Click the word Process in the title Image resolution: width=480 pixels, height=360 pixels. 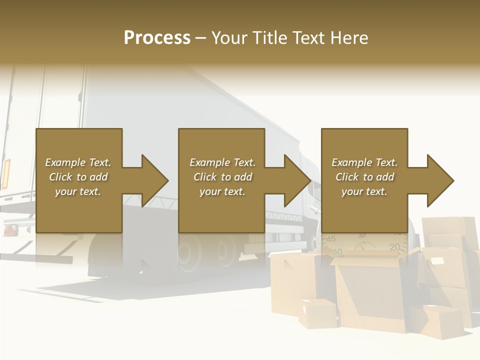click(x=157, y=38)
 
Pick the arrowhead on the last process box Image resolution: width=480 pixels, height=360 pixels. click(x=439, y=180)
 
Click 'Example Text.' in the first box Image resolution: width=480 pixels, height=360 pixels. click(x=78, y=162)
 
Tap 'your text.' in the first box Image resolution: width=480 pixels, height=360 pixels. click(x=78, y=191)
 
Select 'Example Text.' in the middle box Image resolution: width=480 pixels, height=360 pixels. click(x=222, y=162)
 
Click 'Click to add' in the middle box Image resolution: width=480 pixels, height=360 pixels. click(x=222, y=177)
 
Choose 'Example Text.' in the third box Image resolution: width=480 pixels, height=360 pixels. click(x=364, y=162)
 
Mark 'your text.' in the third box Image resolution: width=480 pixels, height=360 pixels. click(x=364, y=191)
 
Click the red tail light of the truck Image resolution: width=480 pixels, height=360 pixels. click(x=7, y=172)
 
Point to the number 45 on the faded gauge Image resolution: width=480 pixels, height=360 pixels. click(x=330, y=239)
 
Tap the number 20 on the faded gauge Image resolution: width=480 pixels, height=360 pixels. click(x=395, y=246)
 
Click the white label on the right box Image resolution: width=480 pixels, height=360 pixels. click(x=438, y=261)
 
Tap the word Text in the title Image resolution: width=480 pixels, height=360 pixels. click(x=309, y=38)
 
